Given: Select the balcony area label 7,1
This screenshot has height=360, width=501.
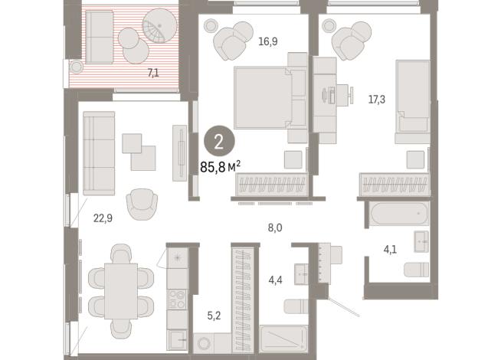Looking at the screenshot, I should (154, 74).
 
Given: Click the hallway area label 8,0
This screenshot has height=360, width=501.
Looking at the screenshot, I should (274, 227).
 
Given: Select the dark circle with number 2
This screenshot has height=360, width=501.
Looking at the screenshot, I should (219, 141).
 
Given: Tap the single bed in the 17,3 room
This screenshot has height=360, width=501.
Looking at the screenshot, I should (414, 100).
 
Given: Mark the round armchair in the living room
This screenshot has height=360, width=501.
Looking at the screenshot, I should (142, 203).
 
